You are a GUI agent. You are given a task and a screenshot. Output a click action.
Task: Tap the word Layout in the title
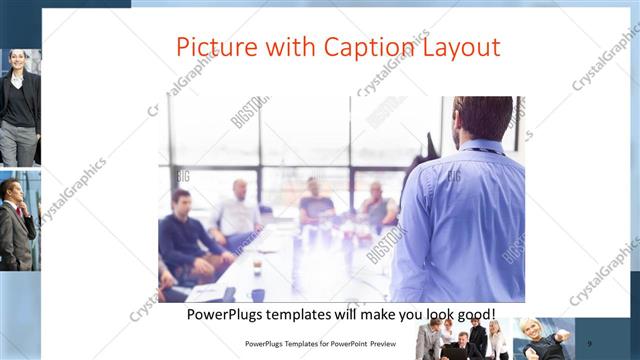tap(461, 47)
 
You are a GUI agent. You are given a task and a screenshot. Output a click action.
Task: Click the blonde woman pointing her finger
tap(540, 340)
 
